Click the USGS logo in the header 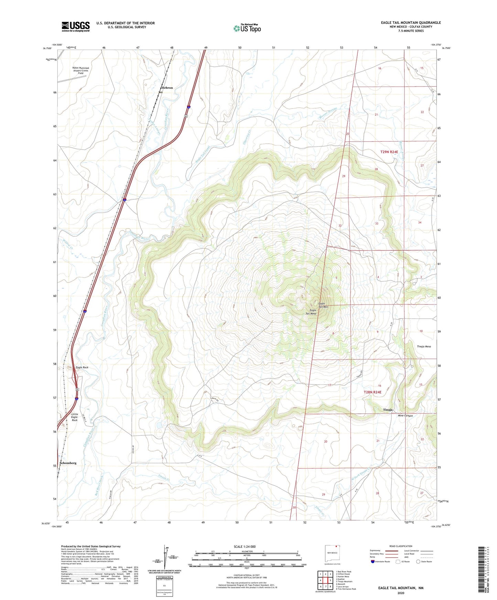[75, 26]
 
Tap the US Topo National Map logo [247, 28]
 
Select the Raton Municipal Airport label [80, 70]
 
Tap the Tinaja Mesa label [424, 346]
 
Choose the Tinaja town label [388, 410]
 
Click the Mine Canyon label [405, 415]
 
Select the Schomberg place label [68, 463]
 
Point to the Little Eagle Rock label [75, 417]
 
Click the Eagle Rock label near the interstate [82, 367]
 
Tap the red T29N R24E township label [389, 152]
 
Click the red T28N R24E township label [372, 392]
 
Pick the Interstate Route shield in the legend [373, 562]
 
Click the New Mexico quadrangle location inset [332, 554]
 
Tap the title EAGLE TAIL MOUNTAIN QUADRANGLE [411, 23]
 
